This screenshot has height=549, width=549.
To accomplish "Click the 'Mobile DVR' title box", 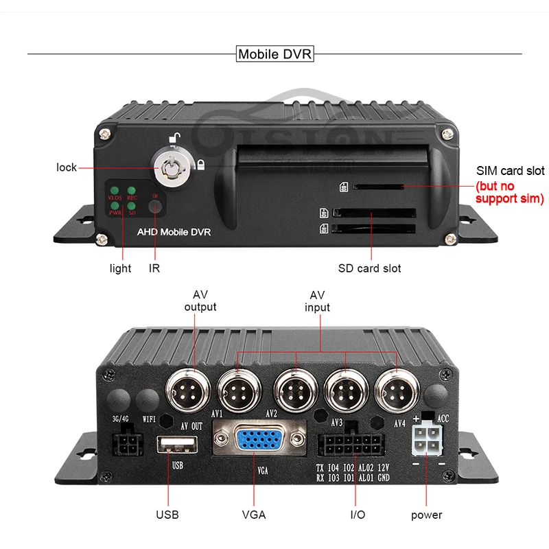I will pyautogui.click(x=274, y=54).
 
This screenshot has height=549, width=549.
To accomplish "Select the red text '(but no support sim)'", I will pyautogui.click(x=509, y=193).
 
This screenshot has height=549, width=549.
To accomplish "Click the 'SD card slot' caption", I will pyautogui.click(x=369, y=268).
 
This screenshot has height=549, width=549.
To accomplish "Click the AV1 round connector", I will pyautogui.click(x=237, y=395).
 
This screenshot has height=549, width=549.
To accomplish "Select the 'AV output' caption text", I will pyautogui.click(x=200, y=301).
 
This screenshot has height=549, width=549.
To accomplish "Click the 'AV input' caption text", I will pyautogui.click(x=317, y=301).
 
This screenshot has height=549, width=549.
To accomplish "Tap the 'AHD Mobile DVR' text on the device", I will pyautogui.click(x=174, y=233).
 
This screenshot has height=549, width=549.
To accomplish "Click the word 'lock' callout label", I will pyautogui.click(x=67, y=167).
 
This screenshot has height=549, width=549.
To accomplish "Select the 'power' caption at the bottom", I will pyautogui.click(x=426, y=515).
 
